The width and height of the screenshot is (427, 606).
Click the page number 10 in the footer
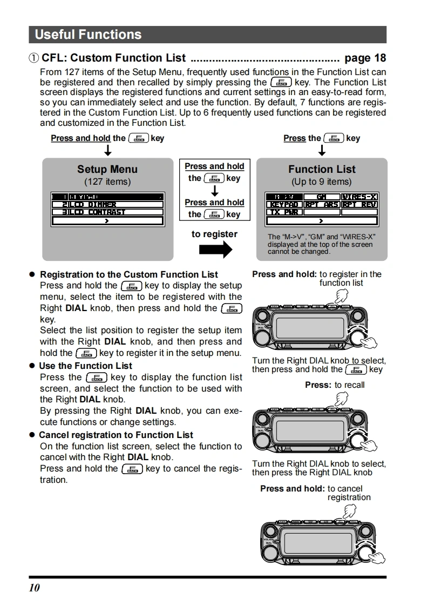coord(35,588)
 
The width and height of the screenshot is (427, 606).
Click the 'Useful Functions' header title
coord(88,35)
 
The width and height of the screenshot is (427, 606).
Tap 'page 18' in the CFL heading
coord(365,58)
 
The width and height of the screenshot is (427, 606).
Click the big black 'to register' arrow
coord(215,250)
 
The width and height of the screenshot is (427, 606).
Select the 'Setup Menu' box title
coord(107,170)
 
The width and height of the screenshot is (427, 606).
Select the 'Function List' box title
coord(322,170)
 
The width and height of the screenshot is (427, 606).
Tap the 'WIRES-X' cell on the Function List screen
coord(359,197)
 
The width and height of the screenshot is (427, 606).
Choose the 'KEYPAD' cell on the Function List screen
coord(284,205)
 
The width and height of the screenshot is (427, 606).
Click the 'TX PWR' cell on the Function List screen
coord(284,212)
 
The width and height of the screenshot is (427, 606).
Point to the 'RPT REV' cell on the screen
coord(359,205)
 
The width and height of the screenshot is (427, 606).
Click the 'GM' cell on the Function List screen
coord(322,197)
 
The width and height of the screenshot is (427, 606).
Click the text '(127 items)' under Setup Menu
coord(107,182)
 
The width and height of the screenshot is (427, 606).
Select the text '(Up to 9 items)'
coord(321,182)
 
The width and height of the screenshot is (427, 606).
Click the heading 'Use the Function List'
coord(85,366)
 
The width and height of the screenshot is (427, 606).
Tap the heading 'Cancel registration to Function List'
coord(116,435)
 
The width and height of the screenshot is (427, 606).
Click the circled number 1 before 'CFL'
coord(34,58)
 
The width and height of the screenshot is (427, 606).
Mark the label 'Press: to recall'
coord(335,385)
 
